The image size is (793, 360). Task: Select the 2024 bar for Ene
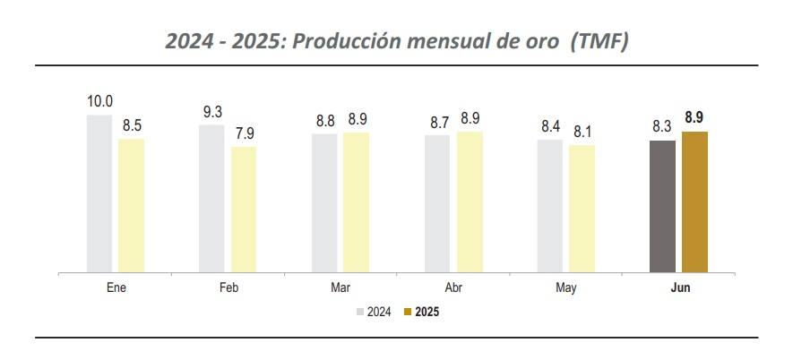pyautogui.click(x=99, y=193)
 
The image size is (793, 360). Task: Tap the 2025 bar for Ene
pyautogui.click(x=131, y=204)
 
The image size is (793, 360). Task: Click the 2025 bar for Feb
pyautogui.click(x=244, y=209)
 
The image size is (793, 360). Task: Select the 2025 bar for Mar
pyautogui.click(x=356, y=201)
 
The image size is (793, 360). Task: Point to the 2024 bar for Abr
pyautogui.click(x=437, y=202)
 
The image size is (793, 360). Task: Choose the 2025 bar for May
pyautogui.click(x=582, y=208)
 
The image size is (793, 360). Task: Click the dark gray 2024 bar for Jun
pyautogui.click(x=662, y=205)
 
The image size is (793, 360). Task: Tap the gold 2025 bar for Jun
pyautogui.click(x=694, y=201)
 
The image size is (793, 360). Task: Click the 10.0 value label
pyautogui.click(x=99, y=102)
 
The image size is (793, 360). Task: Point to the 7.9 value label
pyautogui.click(x=244, y=134)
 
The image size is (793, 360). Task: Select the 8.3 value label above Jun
pyautogui.click(x=662, y=127)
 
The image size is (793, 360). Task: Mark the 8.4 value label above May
pyautogui.click(x=549, y=126)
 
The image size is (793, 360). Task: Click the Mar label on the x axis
pyautogui.click(x=340, y=287)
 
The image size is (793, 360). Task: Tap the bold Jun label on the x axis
pyautogui.click(x=678, y=287)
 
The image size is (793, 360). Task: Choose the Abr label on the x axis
pyautogui.click(x=453, y=287)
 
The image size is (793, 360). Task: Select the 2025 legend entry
pyautogui.click(x=421, y=312)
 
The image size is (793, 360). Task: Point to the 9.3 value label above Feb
pyautogui.click(x=212, y=112)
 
